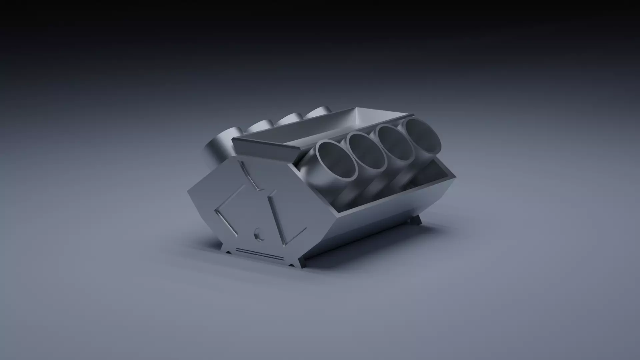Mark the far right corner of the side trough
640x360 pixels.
pyautogui.click(x=454, y=176)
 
